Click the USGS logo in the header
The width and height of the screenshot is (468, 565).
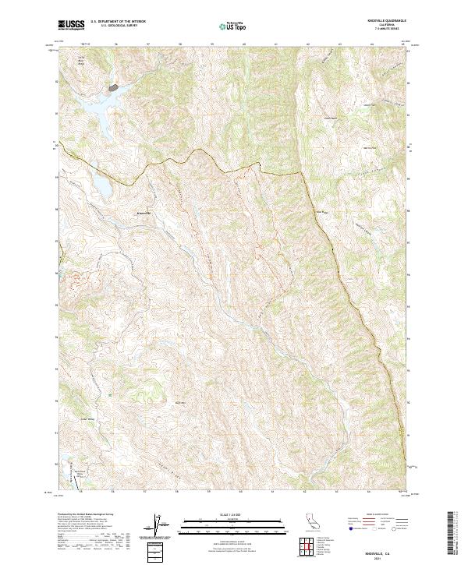(72, 25)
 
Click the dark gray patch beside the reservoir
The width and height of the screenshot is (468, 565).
(114, 88)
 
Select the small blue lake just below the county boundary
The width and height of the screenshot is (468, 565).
(102, 187)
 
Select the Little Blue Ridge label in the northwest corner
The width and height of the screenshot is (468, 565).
(80, 61)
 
